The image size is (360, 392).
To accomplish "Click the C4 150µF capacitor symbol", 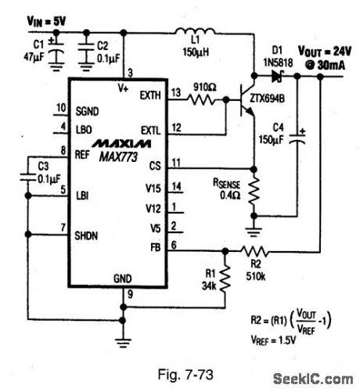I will click(297, 142).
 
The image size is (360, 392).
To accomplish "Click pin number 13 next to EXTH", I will click(176, 92).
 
